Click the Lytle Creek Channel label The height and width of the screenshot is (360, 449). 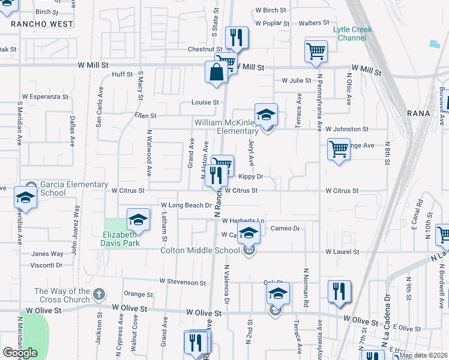click(x=353, y=34)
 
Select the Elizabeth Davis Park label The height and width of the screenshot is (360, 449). click(x=121, y=239)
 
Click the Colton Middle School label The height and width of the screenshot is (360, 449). click(x=200, y=251)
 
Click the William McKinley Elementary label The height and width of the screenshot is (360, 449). click(x=226, y=127)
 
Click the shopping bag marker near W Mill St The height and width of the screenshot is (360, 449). click(x=216, y=72)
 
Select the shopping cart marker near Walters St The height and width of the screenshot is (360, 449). click(x=316, y=52)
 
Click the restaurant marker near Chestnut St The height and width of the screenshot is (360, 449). click(x=237, y=38)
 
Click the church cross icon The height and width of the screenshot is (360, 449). click(x=100, y=295)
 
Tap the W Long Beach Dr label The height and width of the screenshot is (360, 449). click(x=186, y=205)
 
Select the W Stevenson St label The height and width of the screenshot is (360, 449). click(x=182, y=281)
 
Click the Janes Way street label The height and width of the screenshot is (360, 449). click(x=47, y=254)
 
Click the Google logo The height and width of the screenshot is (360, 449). click(x=20, y=353)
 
